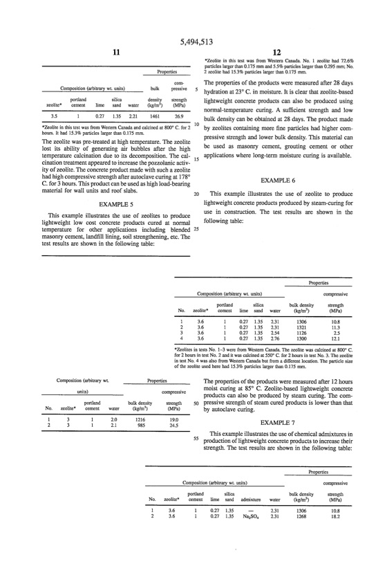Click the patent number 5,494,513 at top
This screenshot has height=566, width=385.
(192, 42)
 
